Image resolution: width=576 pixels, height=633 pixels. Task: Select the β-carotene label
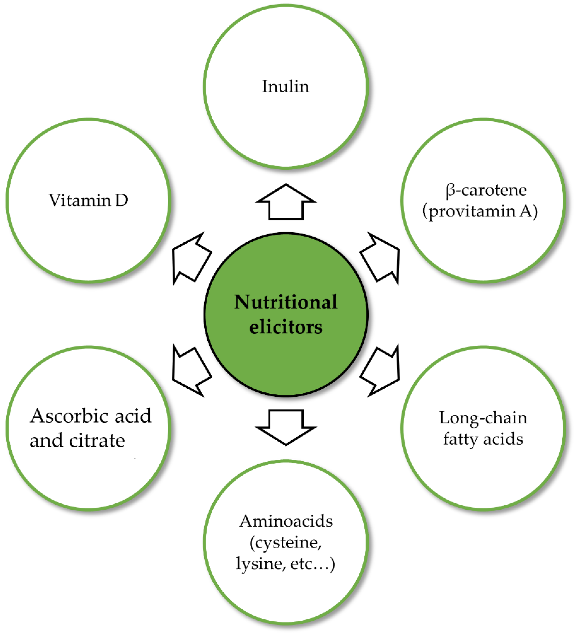[x=486, y=190]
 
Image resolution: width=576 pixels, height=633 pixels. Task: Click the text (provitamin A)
[x=480, y=211]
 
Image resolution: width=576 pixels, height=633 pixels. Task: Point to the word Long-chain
[x=483, y=418]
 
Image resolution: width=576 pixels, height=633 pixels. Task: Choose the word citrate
[x=97, y=440]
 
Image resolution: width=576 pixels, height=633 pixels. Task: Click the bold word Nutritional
[x=286, y=302]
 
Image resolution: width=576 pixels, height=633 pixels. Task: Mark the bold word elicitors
[x=286, y=327]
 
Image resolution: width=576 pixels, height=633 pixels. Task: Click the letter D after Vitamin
[x=122, y=200]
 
